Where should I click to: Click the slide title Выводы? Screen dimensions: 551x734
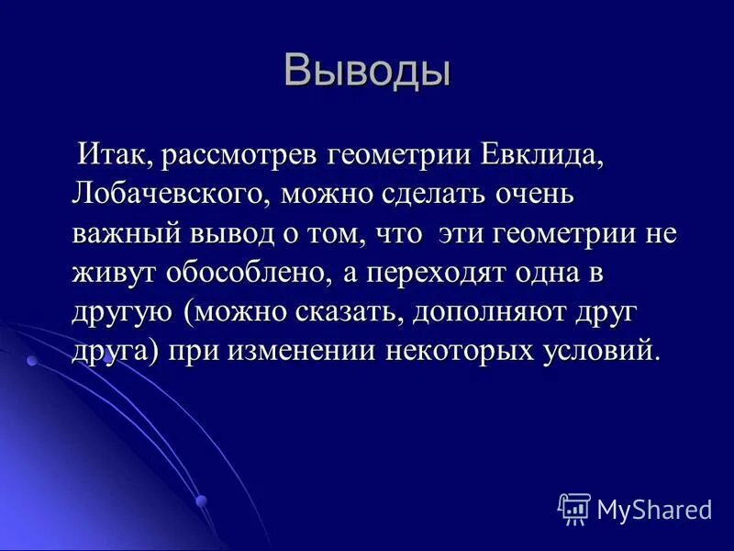[x=367, y=72]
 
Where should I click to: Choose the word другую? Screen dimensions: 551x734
[x=123, y=312]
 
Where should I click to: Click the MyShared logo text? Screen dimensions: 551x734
[x=654, y=508]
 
